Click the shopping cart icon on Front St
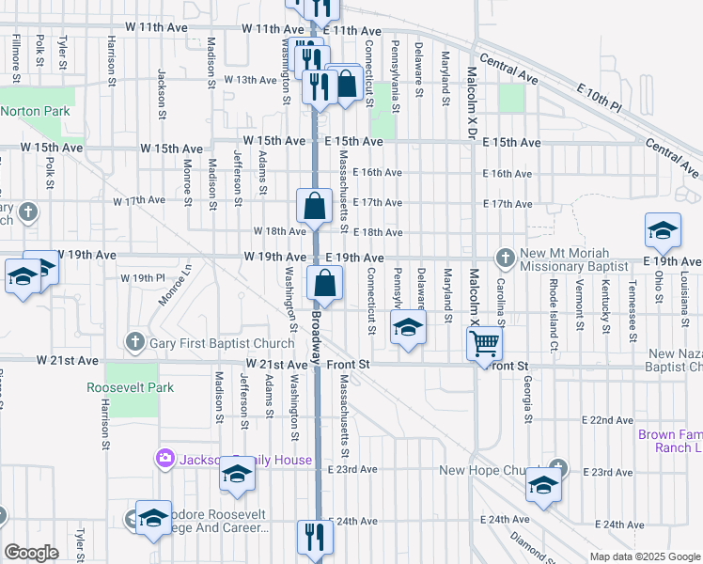[484, 344]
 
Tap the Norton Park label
[36, 111]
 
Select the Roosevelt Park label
[131, 387]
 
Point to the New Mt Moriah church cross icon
[506, 257]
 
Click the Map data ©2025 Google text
[644, 556]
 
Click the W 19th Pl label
[142, 278]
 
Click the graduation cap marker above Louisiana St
[662, 231]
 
